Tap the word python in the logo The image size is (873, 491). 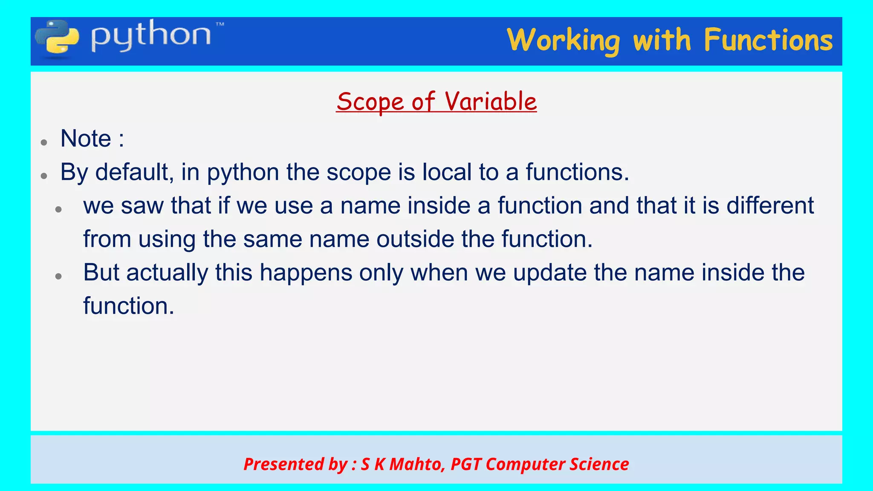pyautogui.click(x=150, y=36)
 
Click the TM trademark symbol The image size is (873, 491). pyautogui.click(x=220, y=25)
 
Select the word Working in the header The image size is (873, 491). pyautogui.click(x=563, y=41)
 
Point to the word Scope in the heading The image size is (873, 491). pyautogui.click(x=370, y=102)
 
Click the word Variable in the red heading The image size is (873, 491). pyautogui.click(x=490, y=102)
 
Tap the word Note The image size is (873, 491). pyautogui.click(x=86, y=139)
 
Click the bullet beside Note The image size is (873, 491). pyautogui.click(x=44, y=142)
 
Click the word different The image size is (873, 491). pyautogui.click(x=770, y=206)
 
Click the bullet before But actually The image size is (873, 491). pyautogui.click(x=59, y=276)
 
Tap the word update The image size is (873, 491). pyautogui.click(x=549, y=273)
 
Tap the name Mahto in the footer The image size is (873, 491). pyautogui.click(x=416, y=464)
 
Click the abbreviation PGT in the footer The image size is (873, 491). pyautogui.click(x=465, y=464)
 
